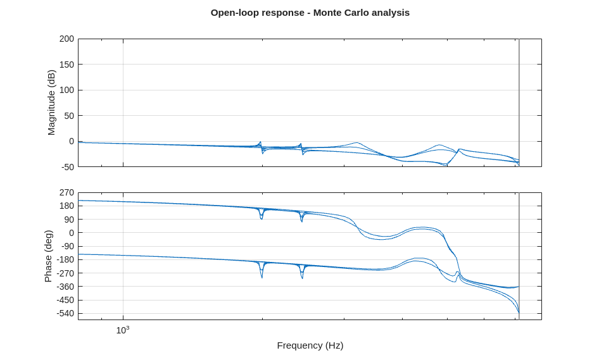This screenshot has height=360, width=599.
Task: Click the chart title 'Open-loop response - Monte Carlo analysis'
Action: pyautogui.click(x=310, y=13)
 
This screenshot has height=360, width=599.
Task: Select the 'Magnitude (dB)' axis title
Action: pyautogui.click(x=51, y=102)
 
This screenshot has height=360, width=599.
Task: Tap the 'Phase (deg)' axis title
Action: pyautogui.click(x=48, y=256)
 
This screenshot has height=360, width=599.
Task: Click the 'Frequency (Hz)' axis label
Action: pyautogui.click(x=310, y=345)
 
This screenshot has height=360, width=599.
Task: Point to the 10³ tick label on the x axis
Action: pyautogui.click(x=122, y=330)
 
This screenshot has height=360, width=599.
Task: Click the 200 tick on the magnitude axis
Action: pyautogui.click(x=66, y=39)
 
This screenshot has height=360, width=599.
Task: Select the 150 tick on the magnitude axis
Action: pyautogui.click(x=66, y=65)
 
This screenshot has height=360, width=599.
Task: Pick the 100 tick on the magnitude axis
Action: pyautogui.click(x=66, y=90)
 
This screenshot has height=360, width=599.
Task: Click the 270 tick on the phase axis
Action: pyautogui.click(x=66, y=192)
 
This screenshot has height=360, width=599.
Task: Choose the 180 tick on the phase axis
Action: pyautogui.click(x=66, y=206)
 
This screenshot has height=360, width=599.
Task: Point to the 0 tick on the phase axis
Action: pyautogui.click(x=71, y=233)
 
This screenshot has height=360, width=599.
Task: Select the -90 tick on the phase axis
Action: pyautogui.click(x=66, y=246)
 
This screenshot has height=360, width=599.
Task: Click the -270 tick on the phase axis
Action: pyautogui.click(x=65, y=273)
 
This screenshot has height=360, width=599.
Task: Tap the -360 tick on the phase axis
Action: pyautogui.click(x=65, y=287)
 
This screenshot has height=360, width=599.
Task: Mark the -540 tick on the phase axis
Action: pyautogui.click(x=65, y=313)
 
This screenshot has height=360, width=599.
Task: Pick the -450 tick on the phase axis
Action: pyautogui.click(x=65, y=300)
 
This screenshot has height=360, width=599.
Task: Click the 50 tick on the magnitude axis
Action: pyautogui.click(x=68, y=115)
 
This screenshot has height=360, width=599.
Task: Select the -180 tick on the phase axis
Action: pyautogui.click(x=65, y=259)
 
